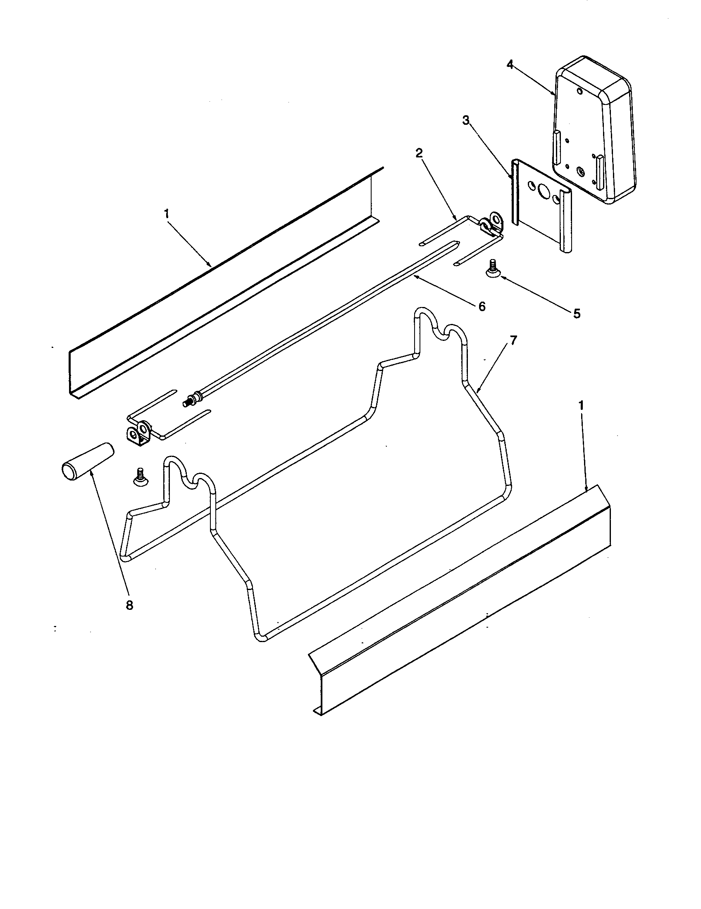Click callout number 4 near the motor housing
510,64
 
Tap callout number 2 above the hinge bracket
419,153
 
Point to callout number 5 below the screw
577,314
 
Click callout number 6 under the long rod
482,307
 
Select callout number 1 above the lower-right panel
582,405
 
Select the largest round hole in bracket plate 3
544,192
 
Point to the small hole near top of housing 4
579,90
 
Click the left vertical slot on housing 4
556,147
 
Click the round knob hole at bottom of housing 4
580,171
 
